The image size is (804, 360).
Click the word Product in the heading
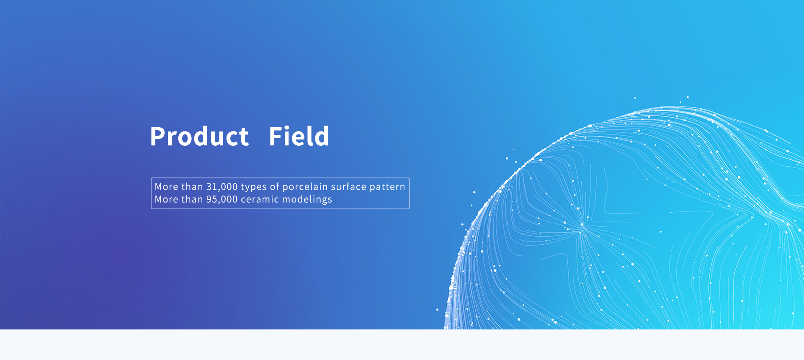(x=199, y=136)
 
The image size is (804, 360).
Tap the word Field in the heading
(x=299, y=136)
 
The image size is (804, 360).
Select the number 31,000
(x=222, y=187)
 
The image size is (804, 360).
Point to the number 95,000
(x=222, y=199)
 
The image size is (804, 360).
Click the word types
(x=254, y=187)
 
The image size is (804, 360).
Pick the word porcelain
(x=305, y=187)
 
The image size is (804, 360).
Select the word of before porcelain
(x=275, y=187)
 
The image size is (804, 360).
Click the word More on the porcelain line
(x=166, y=187)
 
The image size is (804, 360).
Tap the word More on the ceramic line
(x=166, y=199)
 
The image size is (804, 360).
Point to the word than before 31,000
(x=192, y=187)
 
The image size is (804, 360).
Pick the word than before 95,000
(x=192, y=199)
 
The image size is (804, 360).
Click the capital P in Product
(x=158, y=136)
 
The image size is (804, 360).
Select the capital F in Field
(x=276, y=136)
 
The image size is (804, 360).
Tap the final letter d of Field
(x=321, y=136)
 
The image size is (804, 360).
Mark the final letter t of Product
(x=243, y=138)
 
